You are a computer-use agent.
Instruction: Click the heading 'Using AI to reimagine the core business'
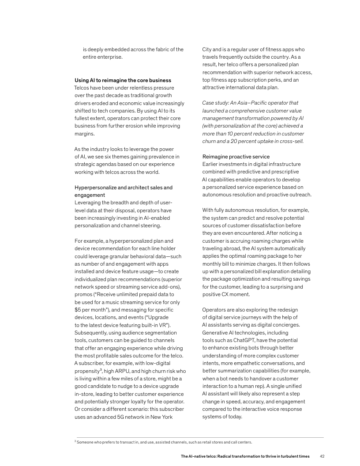pos(123,80)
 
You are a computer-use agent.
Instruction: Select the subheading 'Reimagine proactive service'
pos(236,157)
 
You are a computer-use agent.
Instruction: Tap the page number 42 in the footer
pos(322,456)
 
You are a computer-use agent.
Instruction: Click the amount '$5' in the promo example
pos(79,310)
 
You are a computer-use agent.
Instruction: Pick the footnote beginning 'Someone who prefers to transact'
pos(163,442)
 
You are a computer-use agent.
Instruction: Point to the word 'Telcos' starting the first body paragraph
pos(82,88)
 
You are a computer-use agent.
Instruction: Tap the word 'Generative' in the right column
pos(216,333)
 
